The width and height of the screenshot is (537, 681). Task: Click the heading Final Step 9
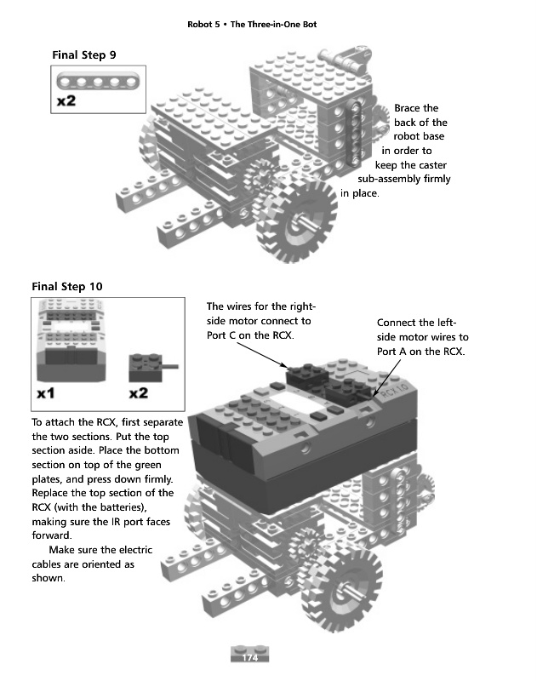(84, 55)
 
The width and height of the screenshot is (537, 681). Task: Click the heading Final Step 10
(66, 286)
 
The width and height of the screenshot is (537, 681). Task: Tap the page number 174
(250, 658)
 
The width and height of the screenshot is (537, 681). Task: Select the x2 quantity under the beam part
(67, 101)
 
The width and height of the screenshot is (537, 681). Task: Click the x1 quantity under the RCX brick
(47, 393)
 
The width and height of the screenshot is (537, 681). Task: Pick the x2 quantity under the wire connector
(139, 393)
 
